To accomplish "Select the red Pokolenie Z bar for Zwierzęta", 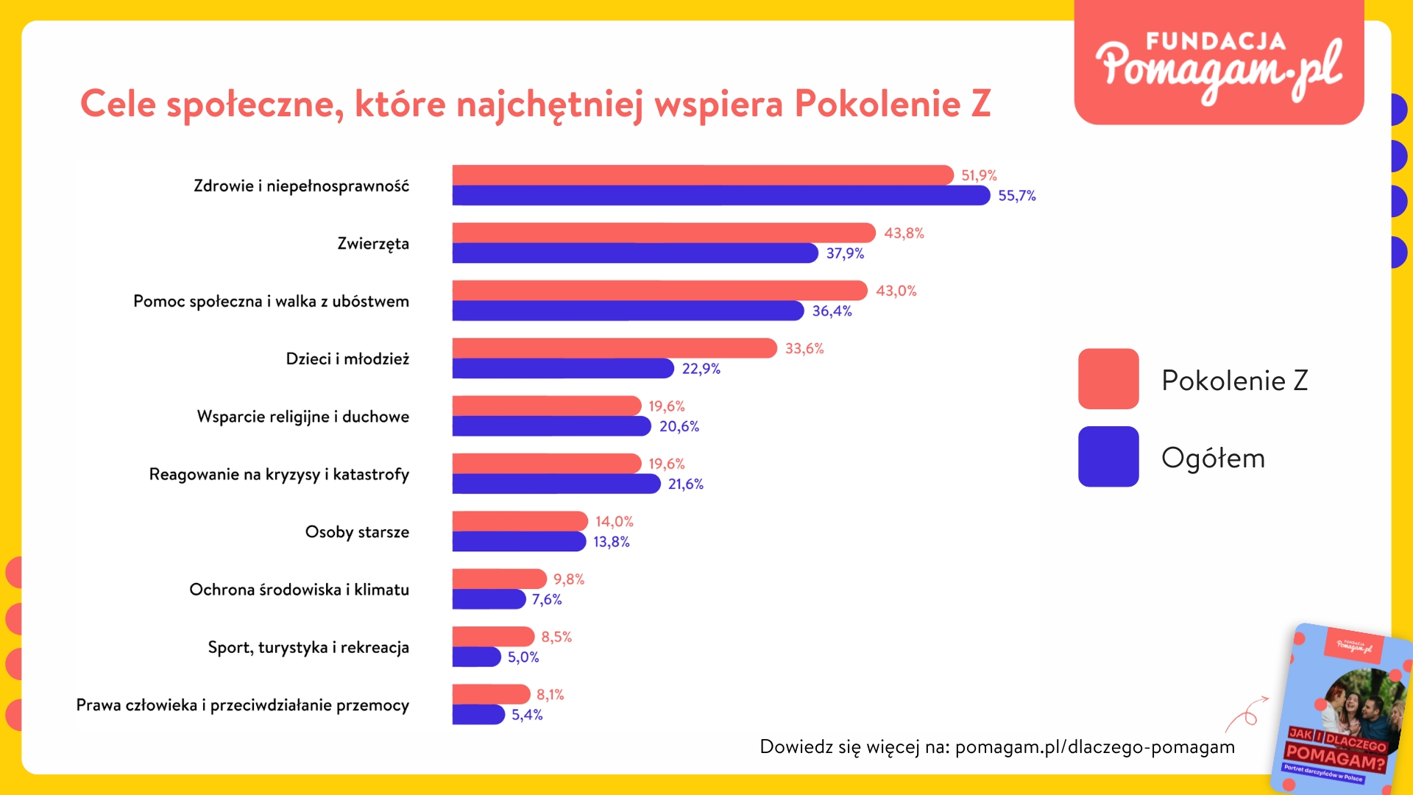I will [662, 233].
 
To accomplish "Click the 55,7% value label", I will [1016, 196].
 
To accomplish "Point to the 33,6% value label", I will [804, 348].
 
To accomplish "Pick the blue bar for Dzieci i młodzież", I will [562, 368].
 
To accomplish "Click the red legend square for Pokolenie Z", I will [1108, 379].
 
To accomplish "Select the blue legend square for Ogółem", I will [1108, 456].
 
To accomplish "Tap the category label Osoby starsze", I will [357, 531].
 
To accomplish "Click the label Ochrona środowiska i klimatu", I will [299, 590].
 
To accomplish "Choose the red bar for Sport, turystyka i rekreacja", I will [492, 636].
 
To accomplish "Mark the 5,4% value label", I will [527, 715].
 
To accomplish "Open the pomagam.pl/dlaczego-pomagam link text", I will [1094, 747].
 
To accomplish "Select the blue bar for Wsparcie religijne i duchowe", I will [551, 426].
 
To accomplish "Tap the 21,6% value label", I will [685, 484].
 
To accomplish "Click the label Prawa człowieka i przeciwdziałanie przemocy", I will [242, 705].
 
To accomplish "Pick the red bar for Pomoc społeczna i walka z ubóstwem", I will [659, 291].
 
